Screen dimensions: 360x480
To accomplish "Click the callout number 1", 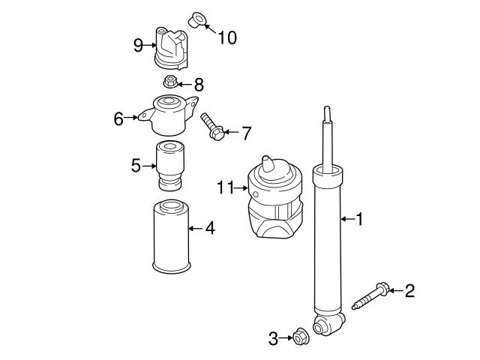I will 359,219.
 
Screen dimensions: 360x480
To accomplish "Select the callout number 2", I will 409,290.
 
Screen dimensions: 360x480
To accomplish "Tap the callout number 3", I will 273,339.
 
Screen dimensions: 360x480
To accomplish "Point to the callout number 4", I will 210,228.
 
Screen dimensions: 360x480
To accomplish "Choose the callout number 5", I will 136,165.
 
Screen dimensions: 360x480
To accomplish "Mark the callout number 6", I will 118,118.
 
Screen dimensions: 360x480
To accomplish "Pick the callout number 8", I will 198,85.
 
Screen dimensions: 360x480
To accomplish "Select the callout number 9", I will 138,45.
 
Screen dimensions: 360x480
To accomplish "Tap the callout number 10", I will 226,36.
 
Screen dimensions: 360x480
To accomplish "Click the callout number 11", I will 226,187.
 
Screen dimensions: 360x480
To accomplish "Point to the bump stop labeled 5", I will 169,167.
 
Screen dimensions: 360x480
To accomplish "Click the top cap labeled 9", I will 170,47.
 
